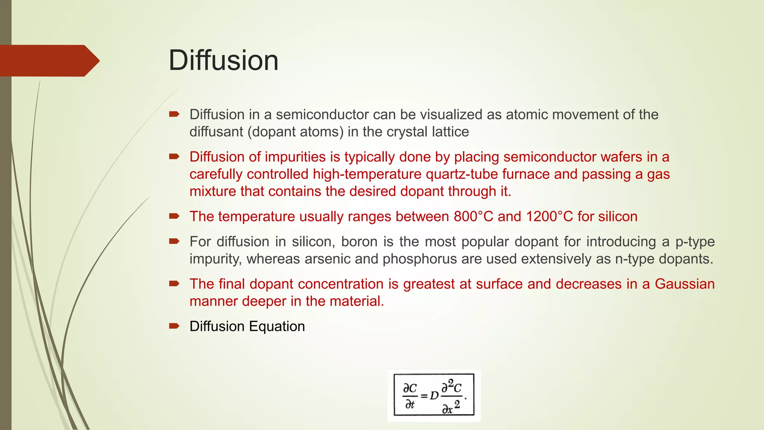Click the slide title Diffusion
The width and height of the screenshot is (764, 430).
pos(223,60)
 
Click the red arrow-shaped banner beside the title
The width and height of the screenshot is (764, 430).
pos(48,61)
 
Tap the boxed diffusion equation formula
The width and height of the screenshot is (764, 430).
pos(434,395)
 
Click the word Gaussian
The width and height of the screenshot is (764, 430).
pos(685,284)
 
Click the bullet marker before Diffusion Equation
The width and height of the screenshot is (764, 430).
pos(174,326)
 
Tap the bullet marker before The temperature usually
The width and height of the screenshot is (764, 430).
pos(174,216)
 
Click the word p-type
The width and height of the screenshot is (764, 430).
pos(695,242)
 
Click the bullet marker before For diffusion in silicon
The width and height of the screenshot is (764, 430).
pos(174,242)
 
